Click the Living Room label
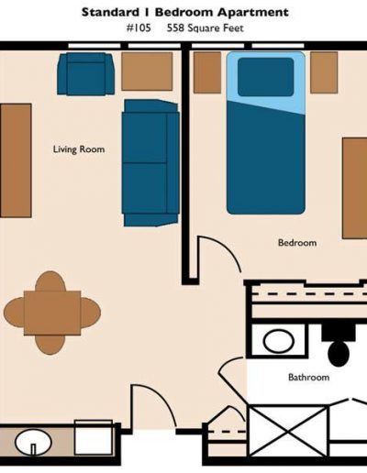tap(79, 149)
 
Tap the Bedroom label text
tap(297, 243)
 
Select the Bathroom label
tap(309, 377)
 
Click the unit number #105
tap(139, 28)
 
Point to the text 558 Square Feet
tap(206, 28)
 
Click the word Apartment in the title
tap(253, 13)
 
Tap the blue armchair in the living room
tap(86, 73)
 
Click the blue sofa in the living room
tap(150, 163)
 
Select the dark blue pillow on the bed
tap(266, 77)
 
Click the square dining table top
tap(52, 313)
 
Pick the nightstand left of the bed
tap(207, 72)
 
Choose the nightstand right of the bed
tap(324, 72)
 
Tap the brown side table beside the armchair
tap(147, 71)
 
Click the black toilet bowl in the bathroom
tap(339, 353)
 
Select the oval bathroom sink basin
tap(279, 341)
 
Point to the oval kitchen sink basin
tap(33, 442)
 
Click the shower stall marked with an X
tap(288, 431)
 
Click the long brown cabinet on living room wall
tap(16, 160)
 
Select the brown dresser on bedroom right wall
tap(355, 188)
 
